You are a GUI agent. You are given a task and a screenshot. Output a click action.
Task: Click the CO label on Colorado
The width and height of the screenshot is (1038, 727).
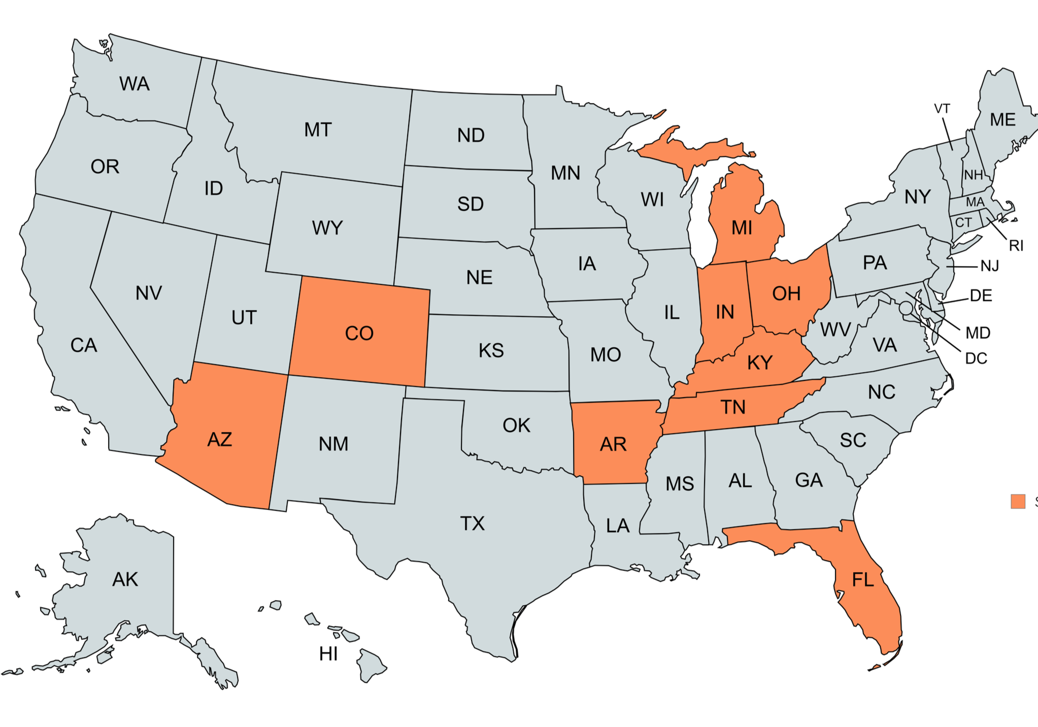(359, 334)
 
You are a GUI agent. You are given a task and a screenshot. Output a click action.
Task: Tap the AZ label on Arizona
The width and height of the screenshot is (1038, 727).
(219, 439)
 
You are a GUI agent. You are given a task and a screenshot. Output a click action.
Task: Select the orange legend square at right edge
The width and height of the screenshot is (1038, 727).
(1018, 501)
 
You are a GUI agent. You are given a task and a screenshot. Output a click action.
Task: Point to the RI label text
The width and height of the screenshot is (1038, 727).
(1016, 246)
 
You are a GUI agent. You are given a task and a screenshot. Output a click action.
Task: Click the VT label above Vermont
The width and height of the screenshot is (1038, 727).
(942, 109)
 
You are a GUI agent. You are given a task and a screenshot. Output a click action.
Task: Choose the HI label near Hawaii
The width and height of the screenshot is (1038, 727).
(328, 654)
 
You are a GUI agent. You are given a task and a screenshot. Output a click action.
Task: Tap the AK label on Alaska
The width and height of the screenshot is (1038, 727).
(125, 579)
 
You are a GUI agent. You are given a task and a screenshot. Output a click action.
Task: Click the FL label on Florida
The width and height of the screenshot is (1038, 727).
(863, 579)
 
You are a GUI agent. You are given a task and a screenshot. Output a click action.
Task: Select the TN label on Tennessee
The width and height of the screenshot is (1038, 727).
(733, 407)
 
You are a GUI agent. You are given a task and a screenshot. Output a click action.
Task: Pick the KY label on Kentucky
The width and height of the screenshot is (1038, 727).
(760, 362)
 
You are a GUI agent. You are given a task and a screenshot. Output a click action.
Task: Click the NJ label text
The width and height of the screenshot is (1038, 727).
(990, 266)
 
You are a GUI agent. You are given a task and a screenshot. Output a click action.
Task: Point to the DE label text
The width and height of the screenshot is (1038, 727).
(981, 295)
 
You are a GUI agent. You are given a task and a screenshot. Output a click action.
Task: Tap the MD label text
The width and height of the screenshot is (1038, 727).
(978, 333)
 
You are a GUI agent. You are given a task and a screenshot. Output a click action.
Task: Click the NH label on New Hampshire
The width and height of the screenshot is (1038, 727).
(974, 175)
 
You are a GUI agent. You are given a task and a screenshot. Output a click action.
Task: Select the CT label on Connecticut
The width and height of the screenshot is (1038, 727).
(963, 222)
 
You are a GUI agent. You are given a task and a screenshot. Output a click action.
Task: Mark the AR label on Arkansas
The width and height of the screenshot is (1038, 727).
(613, 444)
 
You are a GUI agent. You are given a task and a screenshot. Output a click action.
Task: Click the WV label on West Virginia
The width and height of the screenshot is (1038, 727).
(835, 330)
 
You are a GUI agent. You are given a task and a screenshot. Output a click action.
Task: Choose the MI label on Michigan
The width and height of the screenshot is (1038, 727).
(742, 228)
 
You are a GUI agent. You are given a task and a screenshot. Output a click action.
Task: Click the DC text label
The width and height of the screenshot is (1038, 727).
(976, 358)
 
